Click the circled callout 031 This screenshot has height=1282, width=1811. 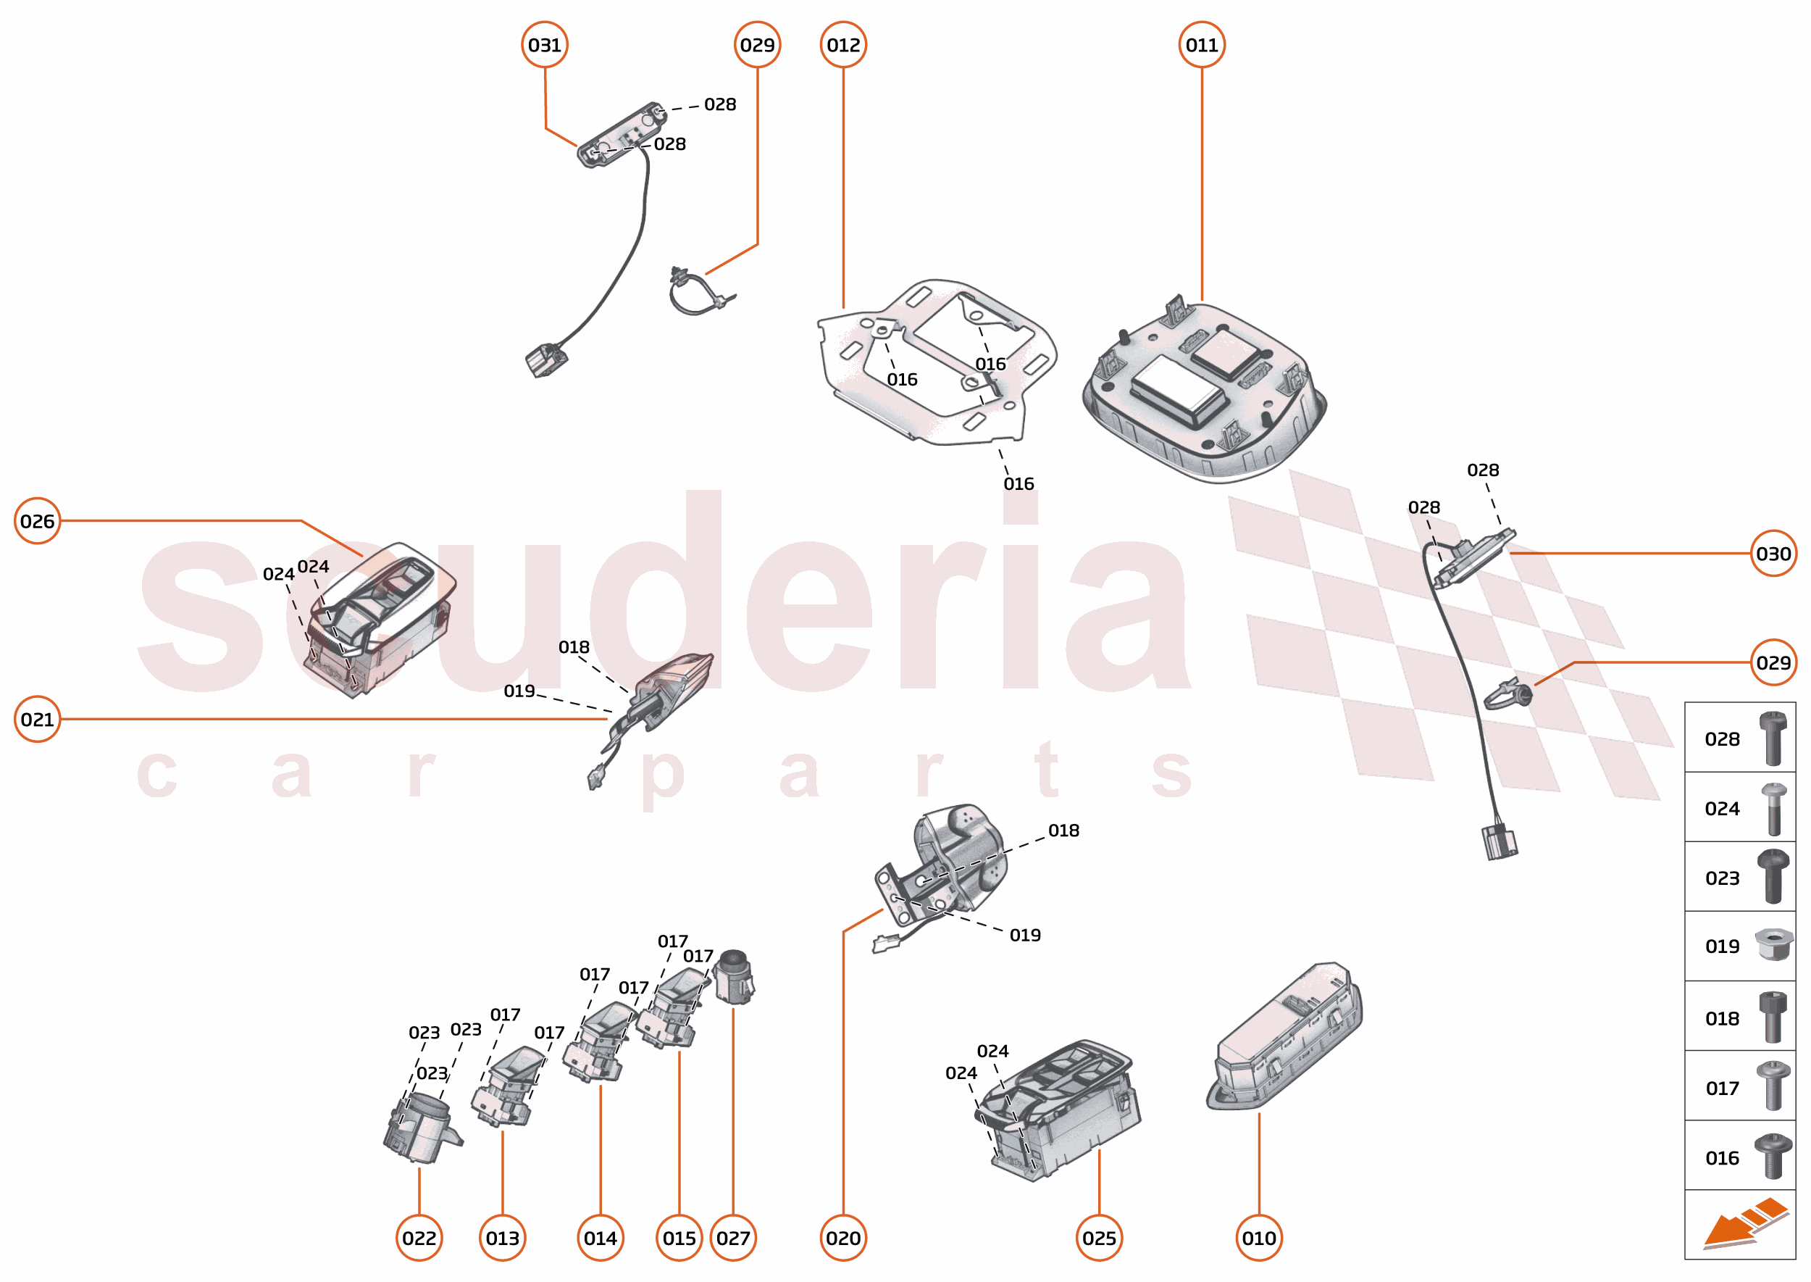tap(545, 45)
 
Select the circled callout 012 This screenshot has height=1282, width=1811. tap(842, 45)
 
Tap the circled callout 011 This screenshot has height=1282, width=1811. tap(1201, 45)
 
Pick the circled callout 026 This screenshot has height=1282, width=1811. tap(37, 521)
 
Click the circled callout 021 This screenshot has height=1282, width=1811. tap(37, 719)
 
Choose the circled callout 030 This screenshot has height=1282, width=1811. tap(1773, 554)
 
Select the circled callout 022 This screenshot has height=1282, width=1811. tap(419, 1238)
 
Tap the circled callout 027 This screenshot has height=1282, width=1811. tap(733, 1238)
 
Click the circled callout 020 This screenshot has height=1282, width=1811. tap(842, 1238)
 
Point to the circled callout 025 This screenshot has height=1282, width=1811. tap(1098, 1238)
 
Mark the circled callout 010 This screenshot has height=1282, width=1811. tap(1258, 1238)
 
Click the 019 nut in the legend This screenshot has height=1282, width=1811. tap(1773, 945)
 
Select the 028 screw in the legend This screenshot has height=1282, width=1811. tap(1773, 738)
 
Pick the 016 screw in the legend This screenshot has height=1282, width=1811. tap(1773, 1157)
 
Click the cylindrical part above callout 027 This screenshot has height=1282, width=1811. tap(734, 978)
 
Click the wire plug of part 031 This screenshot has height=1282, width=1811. tap(545, 361)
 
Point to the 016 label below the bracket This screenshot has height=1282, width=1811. tap(1018, 484)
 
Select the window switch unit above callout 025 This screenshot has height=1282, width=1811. tap(1058, 1109)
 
